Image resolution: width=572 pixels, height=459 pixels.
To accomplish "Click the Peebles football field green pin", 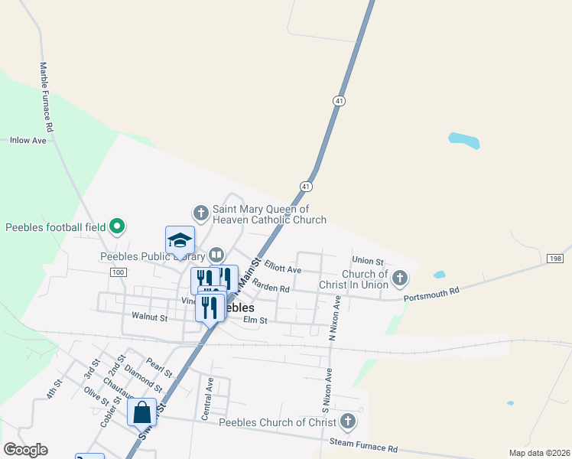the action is coord(117,226).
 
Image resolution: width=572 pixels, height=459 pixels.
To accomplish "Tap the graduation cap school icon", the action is coord(180,239).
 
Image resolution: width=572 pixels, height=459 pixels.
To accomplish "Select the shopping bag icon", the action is coord(142,412).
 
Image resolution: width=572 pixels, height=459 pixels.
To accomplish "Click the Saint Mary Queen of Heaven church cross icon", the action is coord(200,212).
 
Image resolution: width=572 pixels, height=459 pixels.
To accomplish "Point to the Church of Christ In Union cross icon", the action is coord(399,276).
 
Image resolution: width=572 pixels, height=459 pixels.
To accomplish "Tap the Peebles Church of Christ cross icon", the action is coord(347,421).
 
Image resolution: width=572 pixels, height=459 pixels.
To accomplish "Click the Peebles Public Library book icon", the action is coord(216,255).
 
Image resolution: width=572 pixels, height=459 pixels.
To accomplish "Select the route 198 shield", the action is coord(556,259).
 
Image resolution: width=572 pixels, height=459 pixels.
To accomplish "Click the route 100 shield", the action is coord(117,272).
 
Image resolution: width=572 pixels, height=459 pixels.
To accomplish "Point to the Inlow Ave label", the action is coord(28,141).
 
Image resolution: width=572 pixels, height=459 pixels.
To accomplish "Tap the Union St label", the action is coord(367,262).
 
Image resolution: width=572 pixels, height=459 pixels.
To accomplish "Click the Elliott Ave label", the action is coord(283,270).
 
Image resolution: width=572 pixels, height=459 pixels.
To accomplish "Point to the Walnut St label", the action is coord(149,315).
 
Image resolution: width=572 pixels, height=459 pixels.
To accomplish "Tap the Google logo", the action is coord(25,450).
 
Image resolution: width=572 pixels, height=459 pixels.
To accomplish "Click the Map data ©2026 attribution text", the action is coord(539,453).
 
